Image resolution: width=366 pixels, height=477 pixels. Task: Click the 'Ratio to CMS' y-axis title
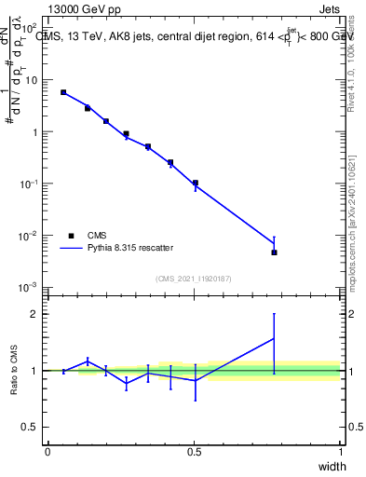pos(14,370)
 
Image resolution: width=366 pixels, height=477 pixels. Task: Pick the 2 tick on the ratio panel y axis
pos(37,314)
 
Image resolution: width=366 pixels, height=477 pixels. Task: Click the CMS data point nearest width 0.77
pos(274,252)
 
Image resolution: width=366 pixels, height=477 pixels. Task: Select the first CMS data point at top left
pos(63,92)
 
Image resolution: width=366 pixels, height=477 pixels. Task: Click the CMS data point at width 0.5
pos(195,183)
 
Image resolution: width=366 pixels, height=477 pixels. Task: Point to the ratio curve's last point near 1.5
pos(274,339)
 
